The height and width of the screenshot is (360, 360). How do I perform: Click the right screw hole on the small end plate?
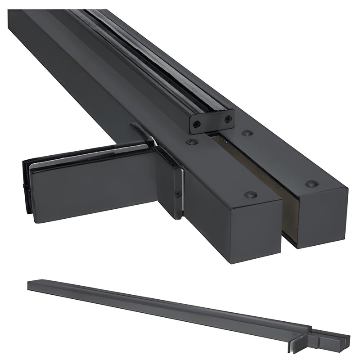[228, 119]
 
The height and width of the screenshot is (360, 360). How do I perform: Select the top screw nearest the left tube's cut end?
[250, 194]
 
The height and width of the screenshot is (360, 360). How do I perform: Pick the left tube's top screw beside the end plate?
[192, 142]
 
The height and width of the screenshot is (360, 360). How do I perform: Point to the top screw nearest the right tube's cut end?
[311, 184]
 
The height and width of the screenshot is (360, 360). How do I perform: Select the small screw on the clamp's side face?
[179, 193]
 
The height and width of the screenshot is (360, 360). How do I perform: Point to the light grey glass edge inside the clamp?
[85, 157]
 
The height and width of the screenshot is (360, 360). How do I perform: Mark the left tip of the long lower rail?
[29, 285]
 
